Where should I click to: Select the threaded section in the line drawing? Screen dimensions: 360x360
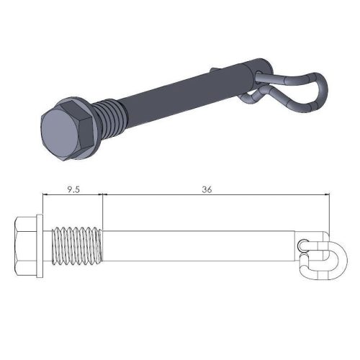click(75, 246)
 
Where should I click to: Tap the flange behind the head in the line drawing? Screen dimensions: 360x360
click(41, 245)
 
